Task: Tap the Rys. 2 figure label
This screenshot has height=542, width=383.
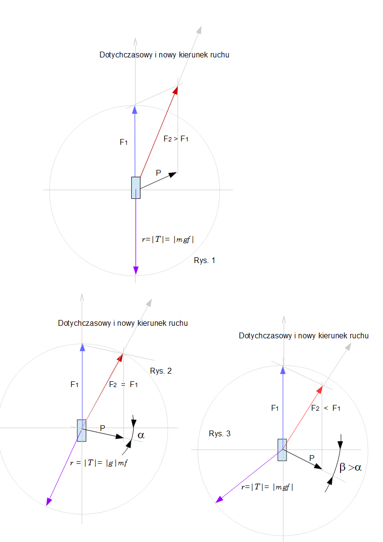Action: [161, 371]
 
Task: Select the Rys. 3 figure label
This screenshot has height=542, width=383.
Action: [219, 433]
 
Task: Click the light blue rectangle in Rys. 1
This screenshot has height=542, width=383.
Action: [136, 188]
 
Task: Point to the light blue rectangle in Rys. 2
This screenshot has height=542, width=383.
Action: [82, 430]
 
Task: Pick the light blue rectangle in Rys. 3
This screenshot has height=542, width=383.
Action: [282, 449]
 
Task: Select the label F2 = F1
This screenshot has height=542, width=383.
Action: [123, 385]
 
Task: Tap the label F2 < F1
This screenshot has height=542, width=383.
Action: [326, 408]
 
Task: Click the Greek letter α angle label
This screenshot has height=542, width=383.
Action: [140, 435]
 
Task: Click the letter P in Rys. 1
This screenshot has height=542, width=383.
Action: [158, 173]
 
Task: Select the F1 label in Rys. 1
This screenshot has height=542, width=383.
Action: [124, 142]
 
